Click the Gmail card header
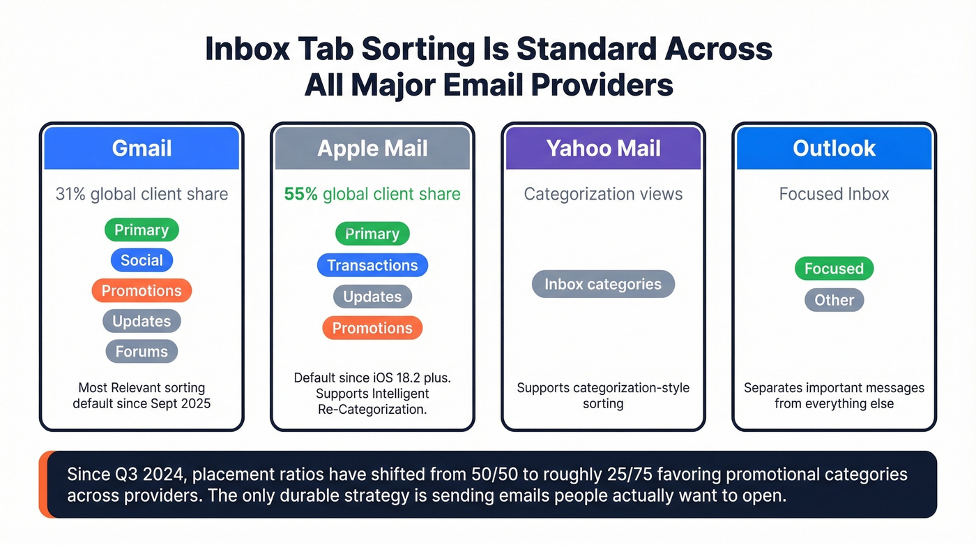click(x=142, y=148)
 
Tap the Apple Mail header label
click(x=372, y=148)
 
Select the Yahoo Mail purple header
click(x=603, y=148)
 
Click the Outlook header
click(x=834, y=148)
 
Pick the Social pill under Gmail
click(x=142, y=260)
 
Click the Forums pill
click(x=142, y=352)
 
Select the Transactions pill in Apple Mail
click(x=372, y=265)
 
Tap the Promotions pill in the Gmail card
click(x=142, y=291)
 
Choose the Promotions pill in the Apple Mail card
click(x=372, y=328)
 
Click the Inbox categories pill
click(x=603, y=284)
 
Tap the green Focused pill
click(x=834, y=269)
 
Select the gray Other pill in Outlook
click(x=834, y=300)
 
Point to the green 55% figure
click(x=300, y=194)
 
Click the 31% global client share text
click(x=142, y=194)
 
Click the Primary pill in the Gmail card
click(x=142, y=230)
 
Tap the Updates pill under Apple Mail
click(x=372, y=297)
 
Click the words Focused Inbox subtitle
click(x=834, y=194)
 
